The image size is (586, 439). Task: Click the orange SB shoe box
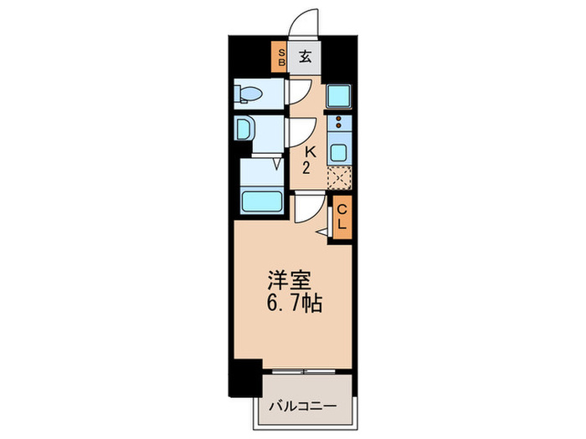pos(281,58)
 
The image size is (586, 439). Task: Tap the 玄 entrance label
pos(306,58)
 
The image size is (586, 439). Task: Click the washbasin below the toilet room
pos(244,130)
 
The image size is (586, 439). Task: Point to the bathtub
pos(260,201)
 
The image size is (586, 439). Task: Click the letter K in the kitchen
pos(309,152)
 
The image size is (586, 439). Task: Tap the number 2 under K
pos(309,167)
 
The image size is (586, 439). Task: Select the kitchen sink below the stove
pos(339,153)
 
